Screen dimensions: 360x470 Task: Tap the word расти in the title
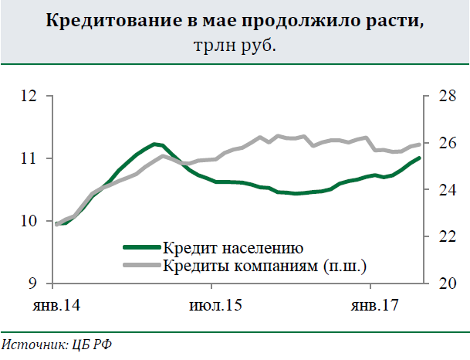(393, 22)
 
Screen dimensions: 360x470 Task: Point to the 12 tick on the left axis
(30, 97)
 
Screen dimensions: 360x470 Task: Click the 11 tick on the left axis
(30, 158)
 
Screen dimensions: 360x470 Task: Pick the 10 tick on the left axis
(30, 222)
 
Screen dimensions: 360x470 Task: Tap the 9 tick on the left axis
(34, 284)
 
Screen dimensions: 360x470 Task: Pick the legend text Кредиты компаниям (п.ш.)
(264, 267)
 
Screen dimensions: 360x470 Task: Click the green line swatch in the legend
(141, 249)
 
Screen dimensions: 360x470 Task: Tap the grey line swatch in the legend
(141, 267)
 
